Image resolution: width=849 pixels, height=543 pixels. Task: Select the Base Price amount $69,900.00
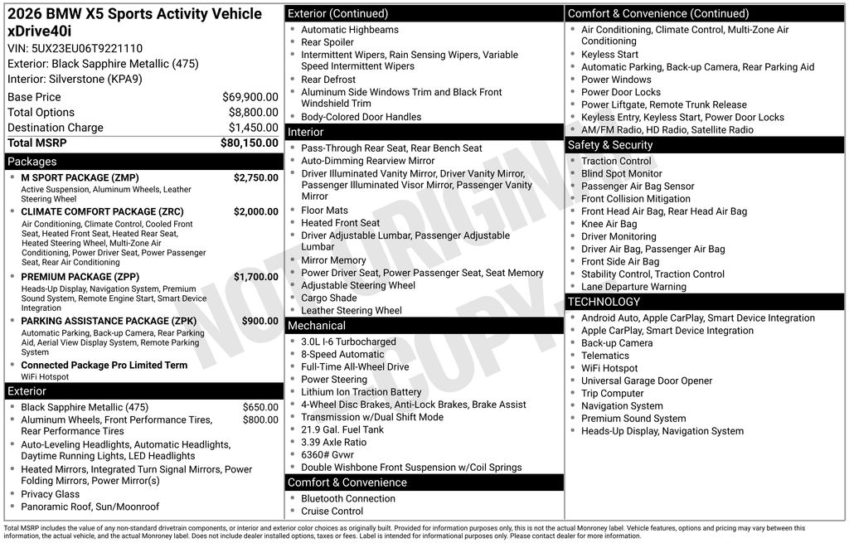[x=250, y=97]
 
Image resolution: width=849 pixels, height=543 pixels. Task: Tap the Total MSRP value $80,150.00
[x=249, y=143]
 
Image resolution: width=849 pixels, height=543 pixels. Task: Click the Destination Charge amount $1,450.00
[x=253, y=128]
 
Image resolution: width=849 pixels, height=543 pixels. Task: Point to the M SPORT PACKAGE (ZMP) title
[x=80, y=177]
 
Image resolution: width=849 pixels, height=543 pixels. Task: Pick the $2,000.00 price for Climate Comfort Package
[x=255, y=211]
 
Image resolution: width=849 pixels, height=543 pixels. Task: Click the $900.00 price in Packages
[x=260, y=321]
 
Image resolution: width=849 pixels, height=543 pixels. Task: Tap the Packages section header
[x=32, y=162]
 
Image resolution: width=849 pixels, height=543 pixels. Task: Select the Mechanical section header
[x=317, y=326]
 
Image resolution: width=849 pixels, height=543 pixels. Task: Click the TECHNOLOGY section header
[x=604, y=302]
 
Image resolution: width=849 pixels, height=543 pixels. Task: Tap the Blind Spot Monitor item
[x=621, y=174]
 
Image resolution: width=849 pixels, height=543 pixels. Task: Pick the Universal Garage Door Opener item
[x=646, y=381]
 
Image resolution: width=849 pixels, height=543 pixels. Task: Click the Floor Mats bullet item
[x=324, y=211]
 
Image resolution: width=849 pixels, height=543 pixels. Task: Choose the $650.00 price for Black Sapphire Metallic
[x=260, y=407]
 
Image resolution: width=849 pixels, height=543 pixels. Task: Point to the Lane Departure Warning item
[x=633, y=287]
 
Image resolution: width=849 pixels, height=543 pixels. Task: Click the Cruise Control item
[x=332, y=511]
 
